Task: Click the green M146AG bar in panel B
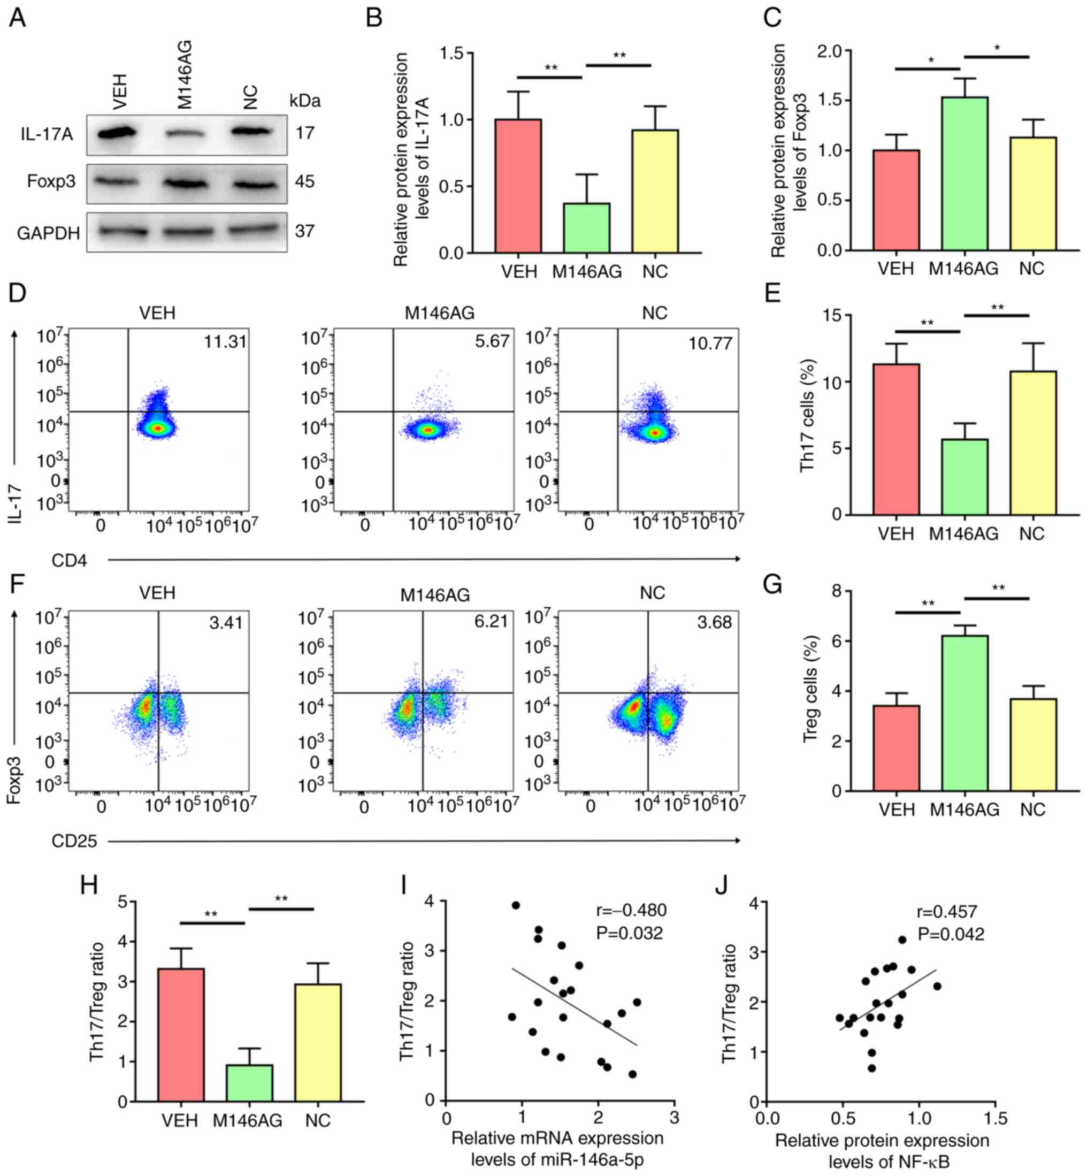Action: pos(586,228)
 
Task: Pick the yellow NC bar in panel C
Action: pos(1033,194)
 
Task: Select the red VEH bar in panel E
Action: pos(897,439)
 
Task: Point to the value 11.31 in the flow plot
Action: pos(225,341)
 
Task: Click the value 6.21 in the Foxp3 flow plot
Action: pos(491,621)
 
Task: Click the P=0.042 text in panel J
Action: pos(951,934)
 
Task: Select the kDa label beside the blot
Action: pos(305,101)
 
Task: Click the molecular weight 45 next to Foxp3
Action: pos(305,181)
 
